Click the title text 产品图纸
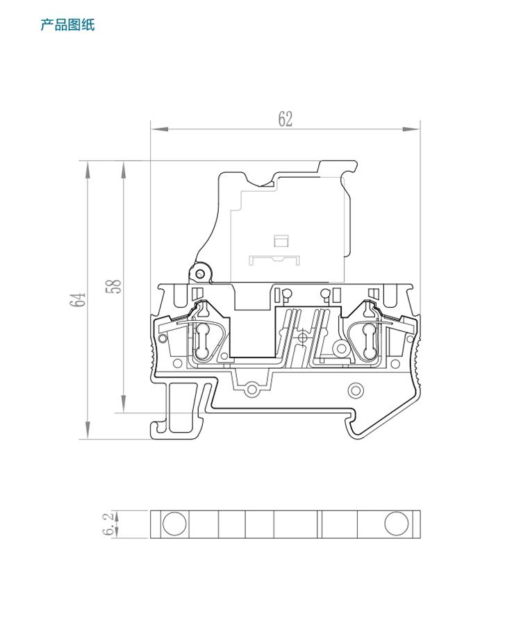67,26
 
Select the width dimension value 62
286,119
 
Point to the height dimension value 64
78,300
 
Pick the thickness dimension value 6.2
108,524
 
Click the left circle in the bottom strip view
174,524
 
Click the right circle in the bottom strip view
397,524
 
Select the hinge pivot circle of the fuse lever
202,269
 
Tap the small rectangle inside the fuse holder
281,241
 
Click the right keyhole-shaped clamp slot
366,338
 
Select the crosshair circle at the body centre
303,337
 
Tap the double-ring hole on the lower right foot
355,390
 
